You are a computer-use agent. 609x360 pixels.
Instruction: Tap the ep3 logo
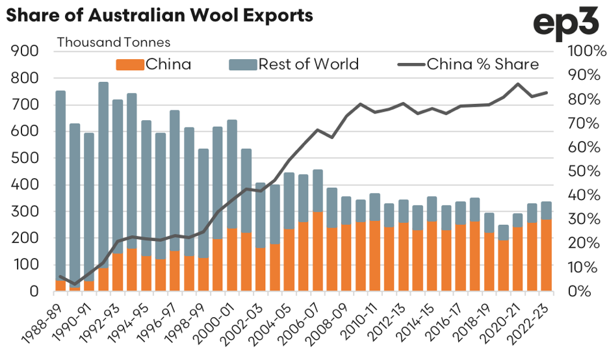point(566,26)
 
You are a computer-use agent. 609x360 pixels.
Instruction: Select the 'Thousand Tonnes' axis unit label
point(114,42)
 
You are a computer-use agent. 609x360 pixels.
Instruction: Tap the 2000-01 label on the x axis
point(218,318)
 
